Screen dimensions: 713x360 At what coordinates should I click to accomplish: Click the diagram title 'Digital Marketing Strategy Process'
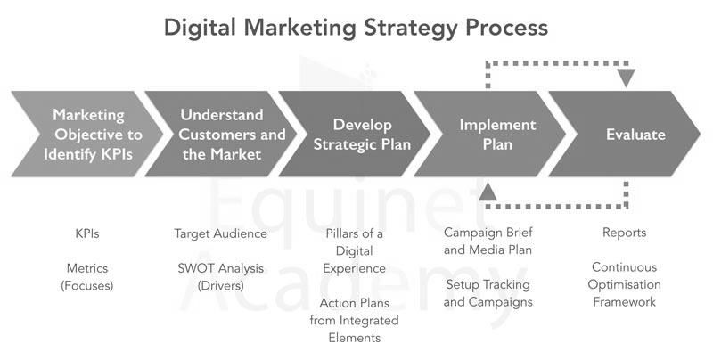tap(356, 29)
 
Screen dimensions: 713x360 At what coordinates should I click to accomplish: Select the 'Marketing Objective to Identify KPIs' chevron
tap(86, 134)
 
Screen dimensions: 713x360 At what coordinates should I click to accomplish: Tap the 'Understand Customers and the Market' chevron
tap(221, 134)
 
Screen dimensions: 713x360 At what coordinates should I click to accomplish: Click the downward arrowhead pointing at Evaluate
tap(627, 78)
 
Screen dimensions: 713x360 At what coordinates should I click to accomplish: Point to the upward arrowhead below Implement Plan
tap(488, 192)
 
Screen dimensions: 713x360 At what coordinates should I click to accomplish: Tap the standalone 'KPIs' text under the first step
tap(86, 233)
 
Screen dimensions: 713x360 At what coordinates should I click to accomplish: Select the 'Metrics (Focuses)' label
tap(86, 277)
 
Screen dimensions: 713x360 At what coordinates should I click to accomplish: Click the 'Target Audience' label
tap(220, 233)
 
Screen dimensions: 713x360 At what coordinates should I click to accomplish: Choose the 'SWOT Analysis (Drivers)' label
tap(220, 277)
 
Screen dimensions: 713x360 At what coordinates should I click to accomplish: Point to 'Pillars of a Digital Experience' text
tap(354, 251)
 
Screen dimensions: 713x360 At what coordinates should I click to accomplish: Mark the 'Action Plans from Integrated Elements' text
tap(354, 321)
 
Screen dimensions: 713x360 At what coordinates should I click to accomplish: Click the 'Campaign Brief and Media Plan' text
tap(488, 241)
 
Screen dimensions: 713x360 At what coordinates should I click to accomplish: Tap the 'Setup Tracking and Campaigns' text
tap(488, 293)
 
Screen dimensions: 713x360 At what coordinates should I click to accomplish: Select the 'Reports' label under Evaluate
tap(625, 233)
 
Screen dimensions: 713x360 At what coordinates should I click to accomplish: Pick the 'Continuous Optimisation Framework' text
tap(625, 284)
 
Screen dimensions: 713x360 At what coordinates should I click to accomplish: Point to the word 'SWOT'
tap(193, 268)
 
